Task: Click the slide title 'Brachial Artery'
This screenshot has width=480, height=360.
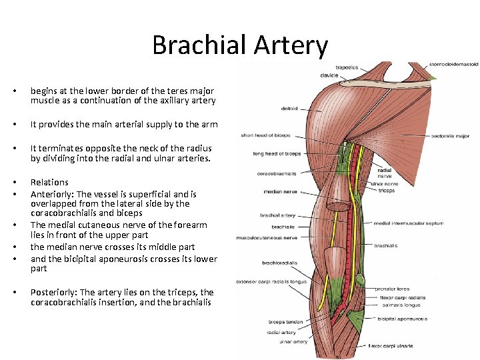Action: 240,45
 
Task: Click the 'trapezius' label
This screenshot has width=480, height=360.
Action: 346,67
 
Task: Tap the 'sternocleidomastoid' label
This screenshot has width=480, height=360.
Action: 454,65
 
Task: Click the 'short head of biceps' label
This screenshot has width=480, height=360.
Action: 266,135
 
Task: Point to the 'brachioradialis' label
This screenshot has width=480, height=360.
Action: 279,263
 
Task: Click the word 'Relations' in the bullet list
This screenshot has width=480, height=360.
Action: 49,182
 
